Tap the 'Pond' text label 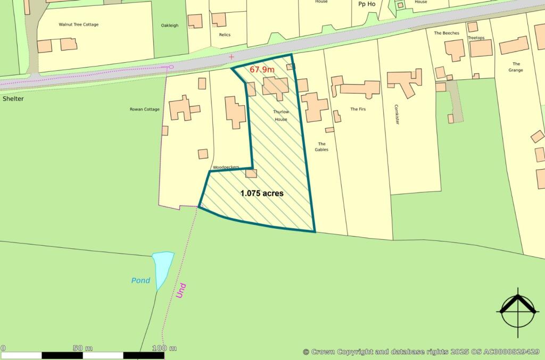tap(141, 281)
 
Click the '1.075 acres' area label tap(262, 194)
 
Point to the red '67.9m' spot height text tap(262, 70)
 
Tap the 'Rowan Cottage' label tap(145, 110)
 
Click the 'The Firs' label tap(357, 109)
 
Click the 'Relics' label tap(225, 35)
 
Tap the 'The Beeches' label tap(446, 33)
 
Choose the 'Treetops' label tap(477, 38)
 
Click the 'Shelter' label tap(13, 99)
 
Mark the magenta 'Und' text tap(181, 290)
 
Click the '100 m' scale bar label tap(164, 348)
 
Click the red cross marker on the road tap(231, 56)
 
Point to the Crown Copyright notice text tap(421, 352)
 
